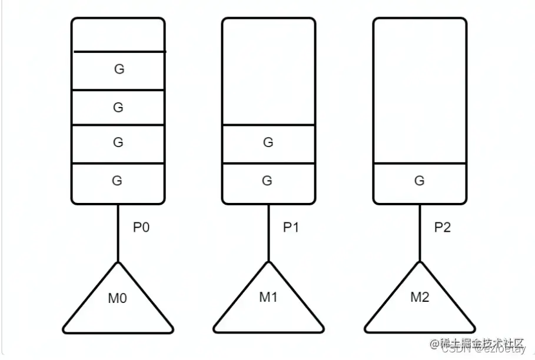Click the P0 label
[x=141, y=228]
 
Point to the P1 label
[x=291, y=228]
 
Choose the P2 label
[x=442, y=228]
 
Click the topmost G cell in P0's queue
[x=118, y=70]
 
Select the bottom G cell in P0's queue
[x=118, y=181]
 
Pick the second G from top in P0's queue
[x=118, y=108]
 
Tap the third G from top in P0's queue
[x=118, y=143]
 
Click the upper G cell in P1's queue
[x=268, y=143]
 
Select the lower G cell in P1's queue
[x=268, y=181]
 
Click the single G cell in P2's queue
[x=420, y=181]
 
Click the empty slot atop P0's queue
[x=118, y=35]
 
